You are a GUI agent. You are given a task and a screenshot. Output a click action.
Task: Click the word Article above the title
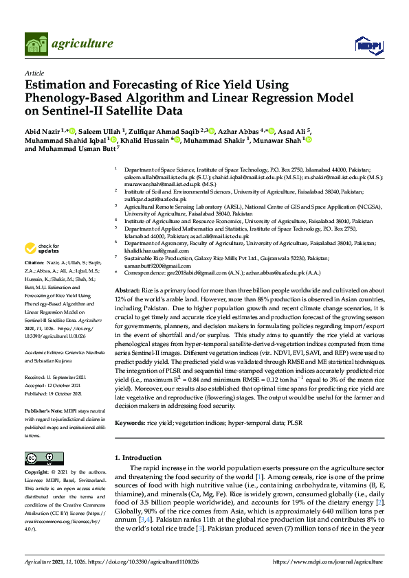pyautogui.click(x=34, y=73)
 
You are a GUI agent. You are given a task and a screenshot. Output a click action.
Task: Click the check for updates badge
pyautogui.click(x=42, y=248)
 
